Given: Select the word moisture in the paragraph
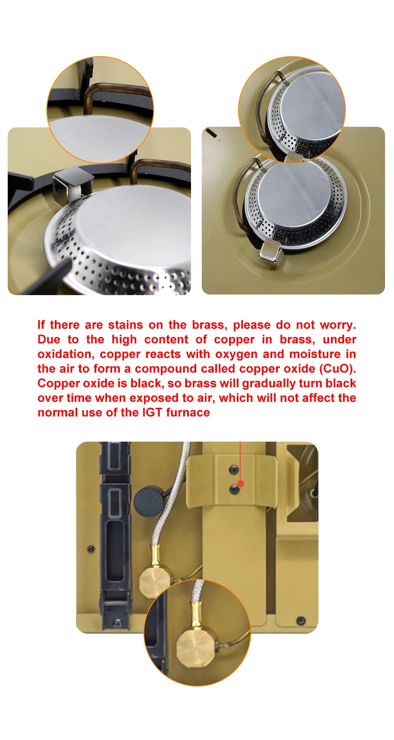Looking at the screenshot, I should [x=315, y=354].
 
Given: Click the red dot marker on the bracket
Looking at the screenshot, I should [x=240, y=483].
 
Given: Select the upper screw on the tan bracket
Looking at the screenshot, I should [x=234, y=470].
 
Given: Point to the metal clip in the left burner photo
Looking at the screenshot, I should [x=67, y=184].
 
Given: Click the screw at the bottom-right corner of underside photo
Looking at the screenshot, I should [x=301, y=620].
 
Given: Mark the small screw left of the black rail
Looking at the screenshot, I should [x=91, y=549].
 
